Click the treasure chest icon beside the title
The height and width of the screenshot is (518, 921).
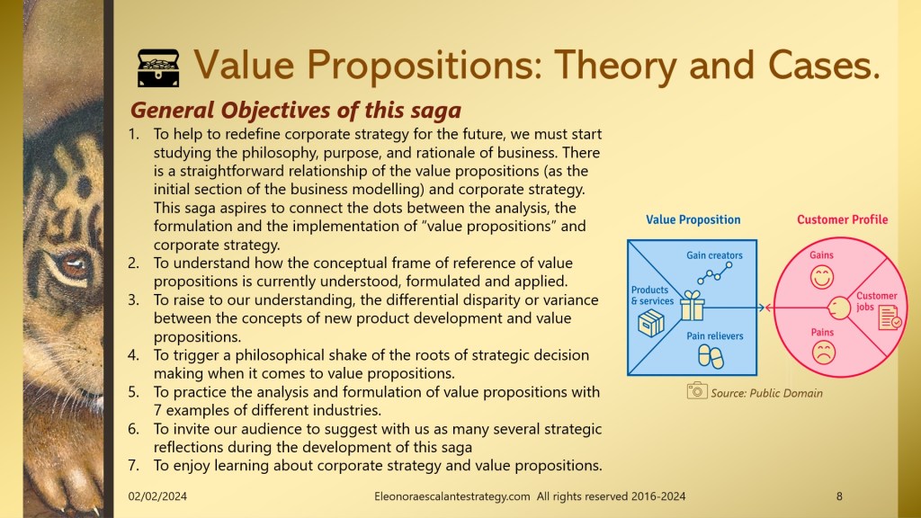click(x=158, y=68)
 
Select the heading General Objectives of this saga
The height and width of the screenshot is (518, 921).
click(x=295, y=110)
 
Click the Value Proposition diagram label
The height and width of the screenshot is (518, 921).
click(x=693, y=219)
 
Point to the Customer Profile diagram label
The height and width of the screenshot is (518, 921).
click(x=842, y=219)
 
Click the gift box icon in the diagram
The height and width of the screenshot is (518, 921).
click(x=693, y=306)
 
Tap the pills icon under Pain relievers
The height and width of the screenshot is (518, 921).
click(x=711, y=356)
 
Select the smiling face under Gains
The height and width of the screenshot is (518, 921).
click(x=822, y=277)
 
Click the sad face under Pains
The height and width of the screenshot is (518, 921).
click(x=824, y=353)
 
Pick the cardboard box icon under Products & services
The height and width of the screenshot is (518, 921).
click(x=651, y=324)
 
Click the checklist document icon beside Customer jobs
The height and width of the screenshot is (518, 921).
click(x=890, y=317)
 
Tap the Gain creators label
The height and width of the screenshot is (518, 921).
click(x=714, y=255)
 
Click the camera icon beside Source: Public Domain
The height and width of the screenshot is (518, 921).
click(x=697, y=390)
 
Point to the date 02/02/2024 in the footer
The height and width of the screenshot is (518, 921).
click(x=157, y=496)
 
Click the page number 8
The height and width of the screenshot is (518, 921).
click(x=839, y=496)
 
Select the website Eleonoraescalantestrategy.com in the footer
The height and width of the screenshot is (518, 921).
click(x=452, y=496)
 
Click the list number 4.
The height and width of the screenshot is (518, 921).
click(x=133, y=355)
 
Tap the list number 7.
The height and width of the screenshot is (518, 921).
click(x=133, y=466)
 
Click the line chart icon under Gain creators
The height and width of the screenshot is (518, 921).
click(x=715, y=273)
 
